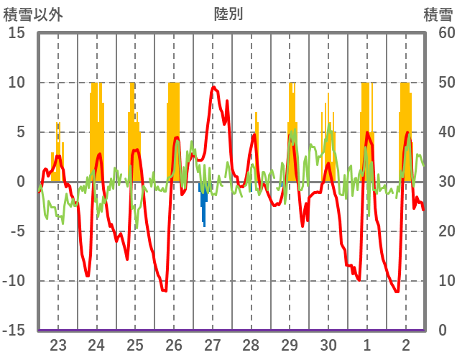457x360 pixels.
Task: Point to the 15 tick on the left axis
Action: [x=17, y=33]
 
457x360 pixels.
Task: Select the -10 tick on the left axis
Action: [x=14, y=281]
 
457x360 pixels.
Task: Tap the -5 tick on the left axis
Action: [x=17, y=231]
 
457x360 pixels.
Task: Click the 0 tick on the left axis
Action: [x=21, y=182]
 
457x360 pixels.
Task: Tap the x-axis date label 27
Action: [x=212, y=344]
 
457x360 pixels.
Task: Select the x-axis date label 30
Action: [x=328, y=344]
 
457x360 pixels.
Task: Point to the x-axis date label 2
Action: [x=406, y=344]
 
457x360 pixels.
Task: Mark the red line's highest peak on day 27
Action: [x=213, y=88]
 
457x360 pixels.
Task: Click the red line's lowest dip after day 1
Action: [x=397, y=291]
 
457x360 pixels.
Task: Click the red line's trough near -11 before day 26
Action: [x=165, y=290]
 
